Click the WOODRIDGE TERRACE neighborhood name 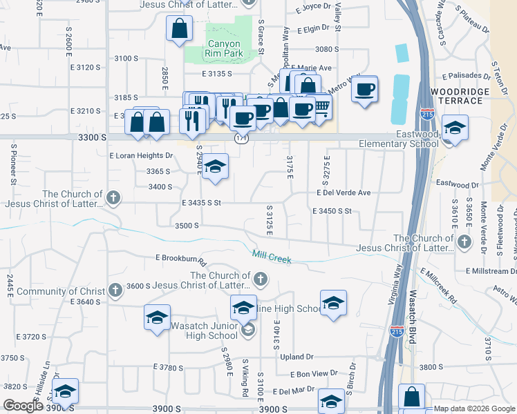pyautogui.click(x=455, y=96)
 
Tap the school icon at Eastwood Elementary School pyautogui.click(x=454, y=128)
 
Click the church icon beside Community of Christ pyautogui.click(x=115, y=290)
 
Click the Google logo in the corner pyautogui.click(x=22, y=405)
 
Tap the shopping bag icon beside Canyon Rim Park pyautogui.click(x=179, y=30)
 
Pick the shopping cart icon pyautogui.click(x=321, y=108)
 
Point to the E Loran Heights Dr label pyautogui.click(x=141, y=156)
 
